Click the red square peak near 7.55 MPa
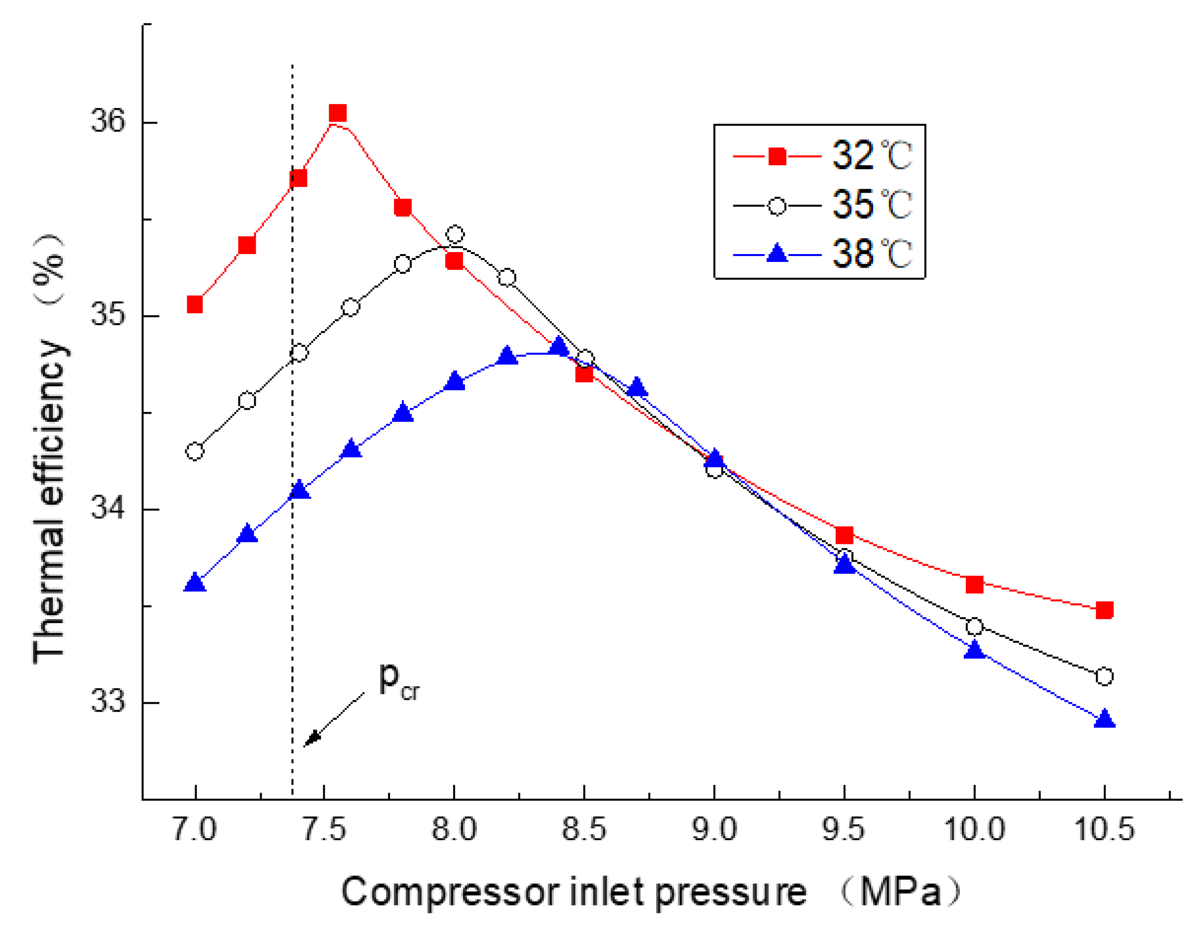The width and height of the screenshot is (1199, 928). [x=338, y=113]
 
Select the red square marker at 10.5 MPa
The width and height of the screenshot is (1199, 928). [x=1104, y=610]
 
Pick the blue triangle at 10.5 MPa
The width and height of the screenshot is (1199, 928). [x=1104, y=720]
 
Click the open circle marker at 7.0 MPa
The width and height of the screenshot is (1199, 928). [x=195, y=452]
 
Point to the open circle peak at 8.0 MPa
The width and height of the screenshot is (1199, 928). [x=455, y=234]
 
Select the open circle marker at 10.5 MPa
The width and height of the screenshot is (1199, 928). [x=1104, y=676]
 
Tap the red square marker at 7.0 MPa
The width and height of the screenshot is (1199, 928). [x=195, y=305]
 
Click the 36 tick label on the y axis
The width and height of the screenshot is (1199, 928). [x=108, y=120]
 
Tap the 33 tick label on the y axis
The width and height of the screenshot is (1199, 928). [x=108, y=701]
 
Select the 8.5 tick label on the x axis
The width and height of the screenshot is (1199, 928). [x=584, y=829]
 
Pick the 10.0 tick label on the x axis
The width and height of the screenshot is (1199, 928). [x=974, y=829]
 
